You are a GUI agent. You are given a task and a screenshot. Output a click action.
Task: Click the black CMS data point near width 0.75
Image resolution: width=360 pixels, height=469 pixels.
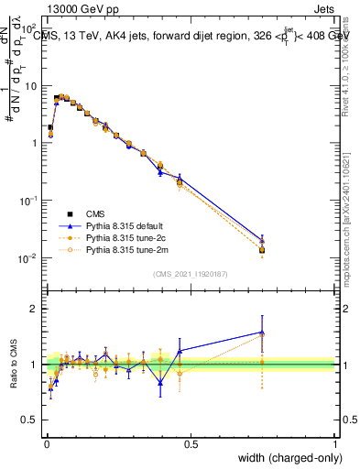click(262, 250)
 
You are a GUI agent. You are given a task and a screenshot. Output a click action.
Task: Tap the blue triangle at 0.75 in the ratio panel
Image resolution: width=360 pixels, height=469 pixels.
click(262, 333)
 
